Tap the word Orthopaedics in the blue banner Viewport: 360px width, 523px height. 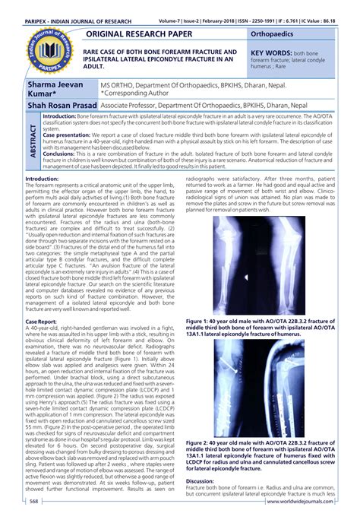coord(272,35)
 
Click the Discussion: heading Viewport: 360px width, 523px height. coord(201,481)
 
